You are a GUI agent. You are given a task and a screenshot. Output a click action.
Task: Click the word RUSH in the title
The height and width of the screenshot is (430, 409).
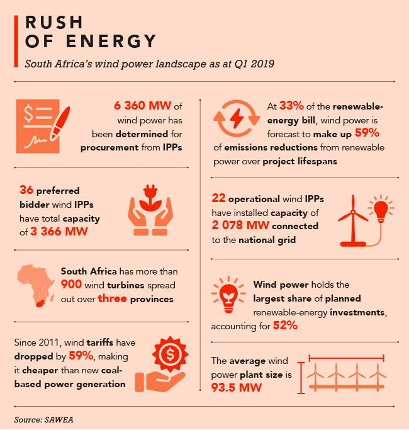pyautogui.click(x=54, y=21)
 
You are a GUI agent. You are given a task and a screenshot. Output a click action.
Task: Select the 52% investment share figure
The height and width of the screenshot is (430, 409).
pyautogui.click(x=285, y=325)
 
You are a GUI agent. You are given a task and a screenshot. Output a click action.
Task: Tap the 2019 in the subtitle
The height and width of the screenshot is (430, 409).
pyautogui.click(x=259, y=64)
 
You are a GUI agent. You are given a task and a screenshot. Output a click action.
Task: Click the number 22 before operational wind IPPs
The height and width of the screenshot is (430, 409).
pyautogui.click(x=219, y=198)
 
